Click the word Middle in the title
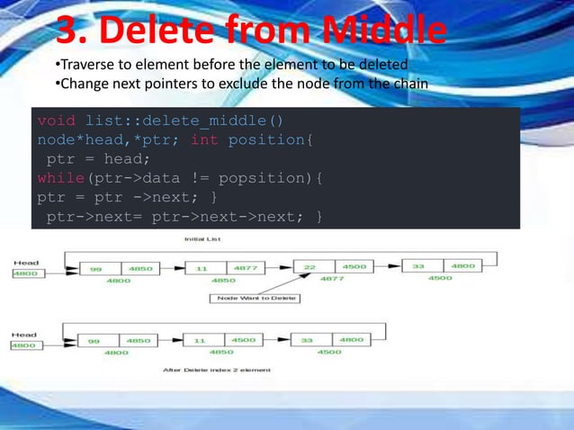[x=384, y=31]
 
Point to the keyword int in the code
[x=205, y=140]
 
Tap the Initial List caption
[x=202, y=239]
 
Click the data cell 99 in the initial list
[x=95, y=269]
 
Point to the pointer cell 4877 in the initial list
[x=243, y=268]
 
